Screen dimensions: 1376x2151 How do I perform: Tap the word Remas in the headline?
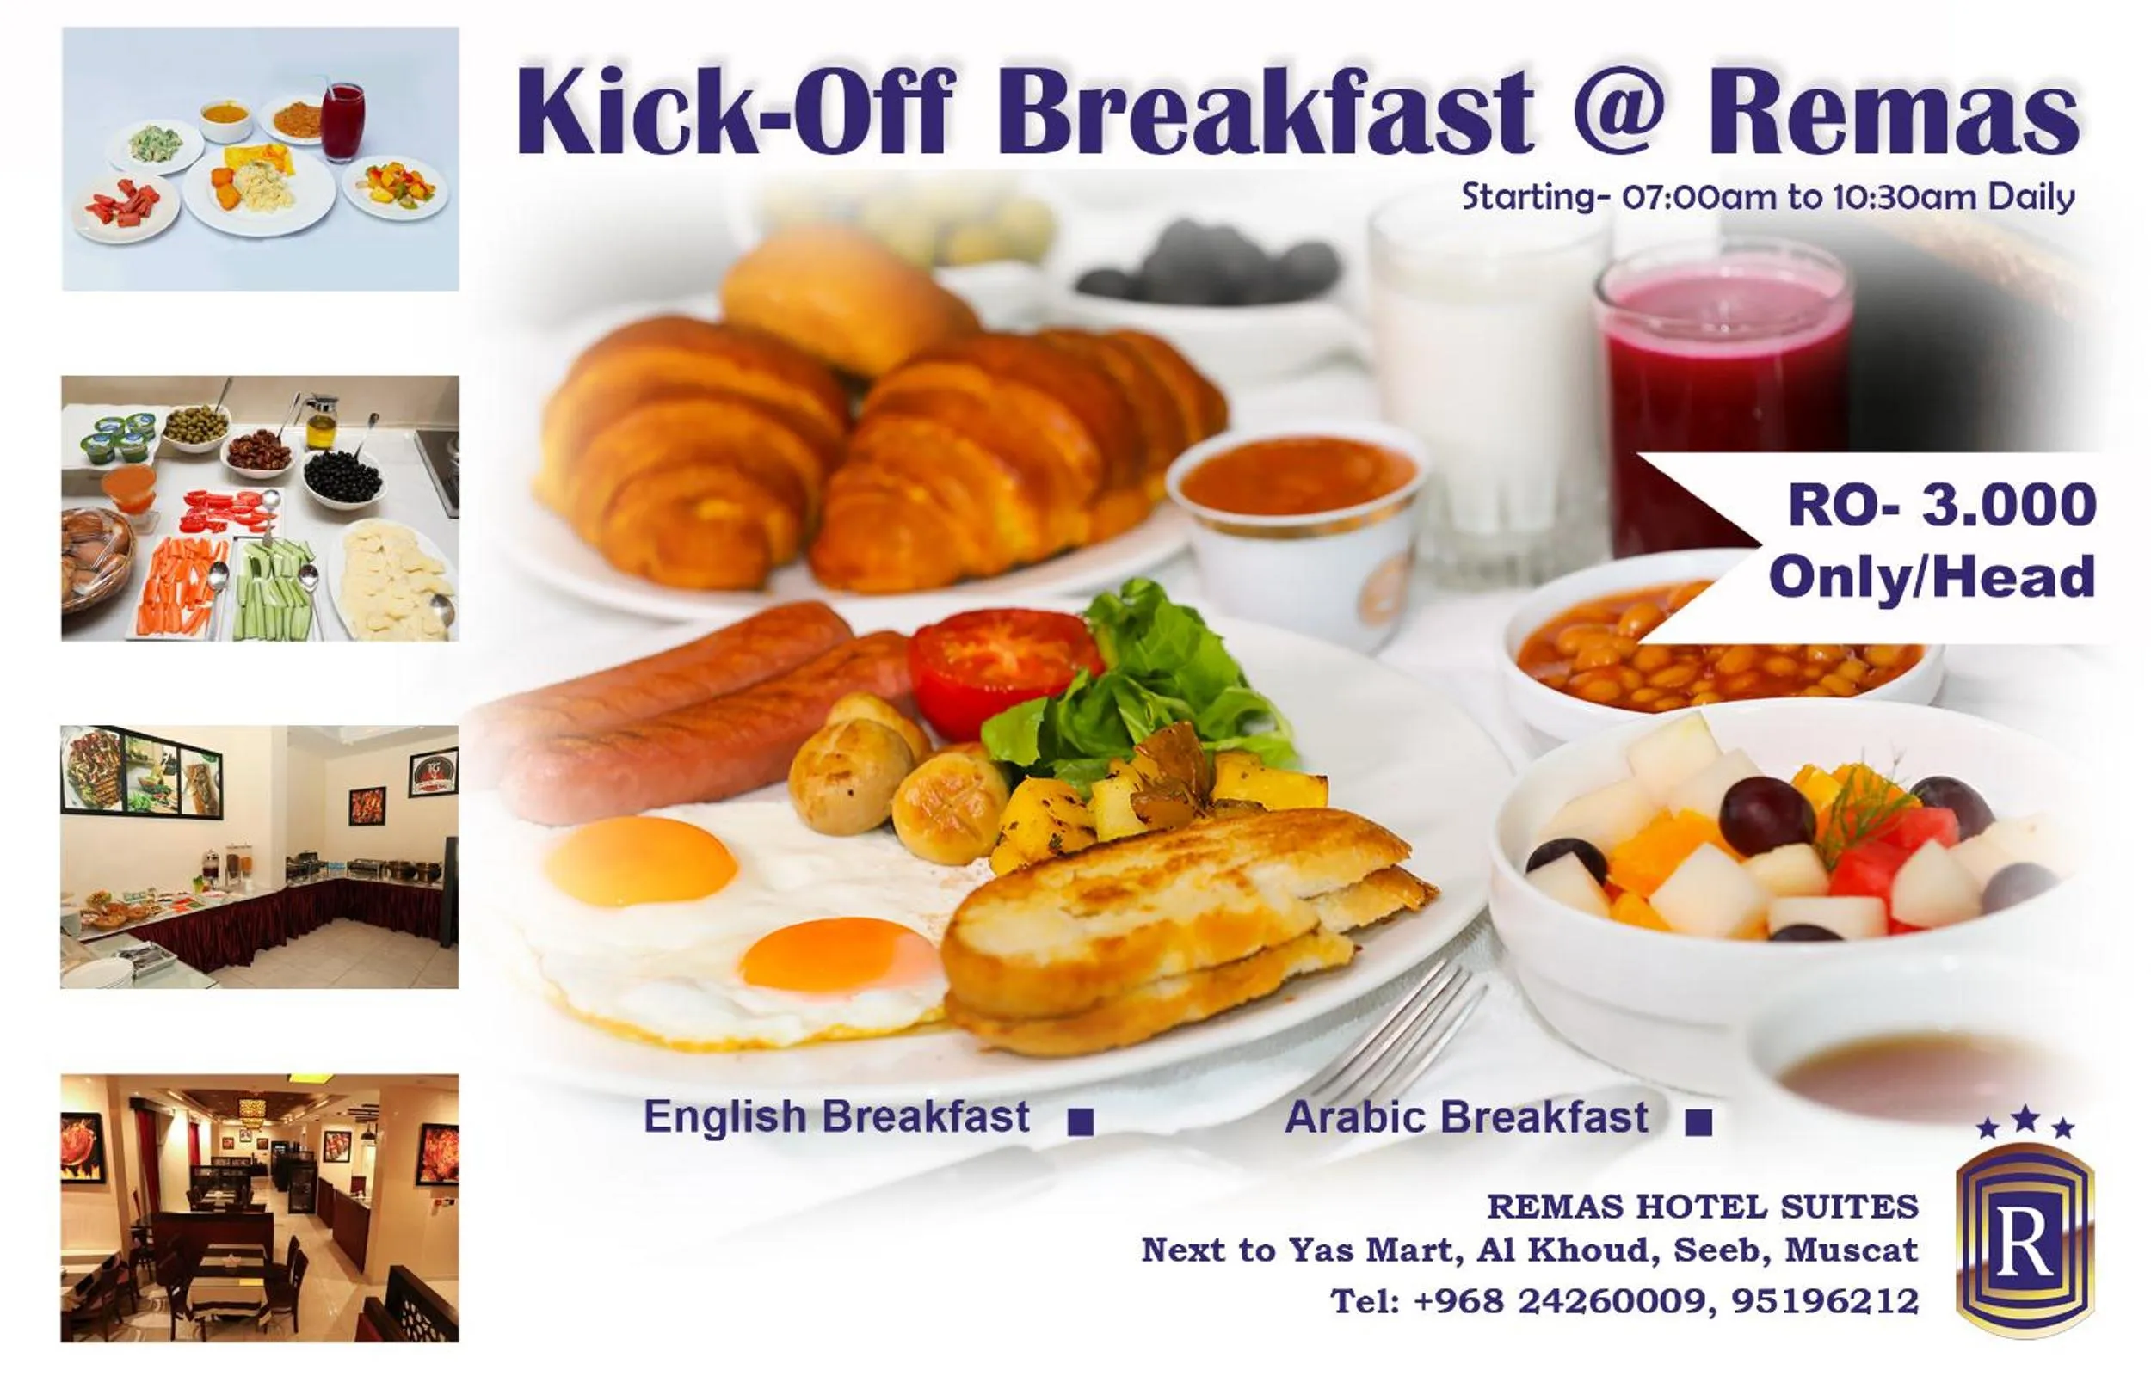(x=1893, y=112)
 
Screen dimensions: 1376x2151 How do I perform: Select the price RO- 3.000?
(x=1941, y=505)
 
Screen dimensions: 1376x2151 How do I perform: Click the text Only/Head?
(x=1931, y=576)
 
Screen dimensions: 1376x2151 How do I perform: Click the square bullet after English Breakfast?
(x=1081, y=1122)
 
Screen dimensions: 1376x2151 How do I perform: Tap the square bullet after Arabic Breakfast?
(x=1698, y=1122)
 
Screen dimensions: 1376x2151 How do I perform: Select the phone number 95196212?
(x=1825, y=1301)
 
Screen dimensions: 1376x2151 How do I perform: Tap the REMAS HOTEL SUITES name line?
(x=1703, y=1207)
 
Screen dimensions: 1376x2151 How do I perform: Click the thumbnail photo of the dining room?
(x=259, y=1207)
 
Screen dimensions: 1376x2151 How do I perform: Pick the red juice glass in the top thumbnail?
(x=342, y=120)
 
